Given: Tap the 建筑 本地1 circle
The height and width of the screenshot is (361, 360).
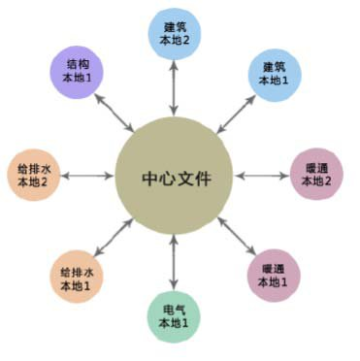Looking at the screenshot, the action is (x=274, y=74).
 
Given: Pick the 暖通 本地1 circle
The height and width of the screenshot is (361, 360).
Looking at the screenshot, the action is (x=274, y=275).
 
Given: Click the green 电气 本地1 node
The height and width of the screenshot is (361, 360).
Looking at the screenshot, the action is (x=175, y=314).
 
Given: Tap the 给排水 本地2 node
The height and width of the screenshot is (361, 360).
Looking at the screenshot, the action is (x=34, y=176).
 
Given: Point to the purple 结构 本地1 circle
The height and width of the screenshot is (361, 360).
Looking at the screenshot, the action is (x=73, y=74).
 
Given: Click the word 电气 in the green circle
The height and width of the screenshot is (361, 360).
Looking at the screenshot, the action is (x=175, y=307).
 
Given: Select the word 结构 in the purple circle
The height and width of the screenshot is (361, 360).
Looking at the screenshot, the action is (x=73, y=66).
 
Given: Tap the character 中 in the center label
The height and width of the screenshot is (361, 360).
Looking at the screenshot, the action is (x=149, y=179).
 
